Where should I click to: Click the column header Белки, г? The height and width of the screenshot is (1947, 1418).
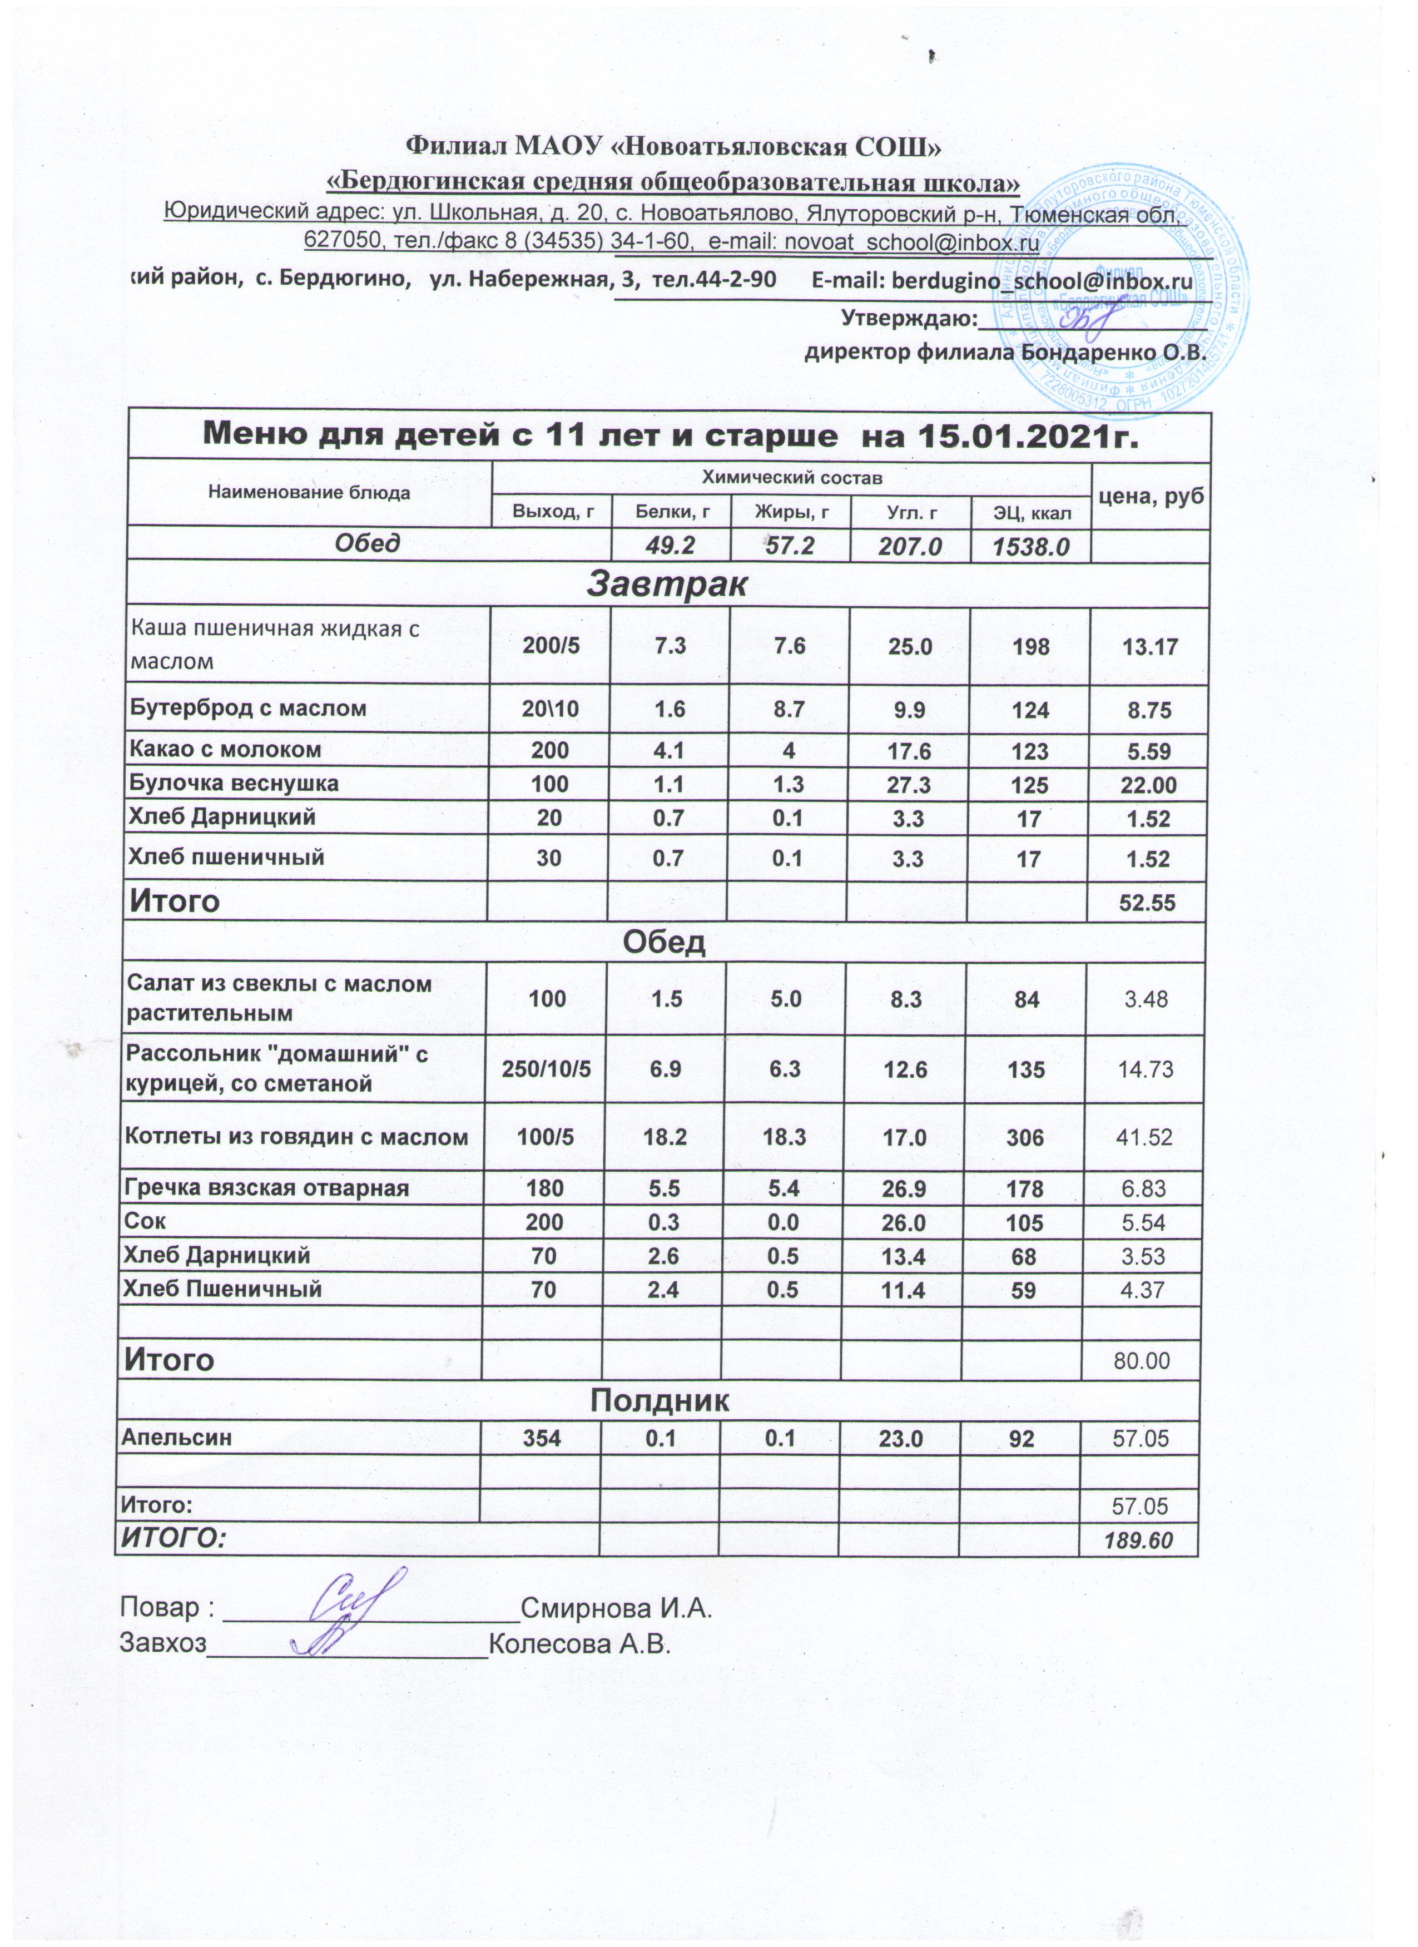[671, 513]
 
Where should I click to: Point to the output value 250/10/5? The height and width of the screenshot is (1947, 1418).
[547, 1069]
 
